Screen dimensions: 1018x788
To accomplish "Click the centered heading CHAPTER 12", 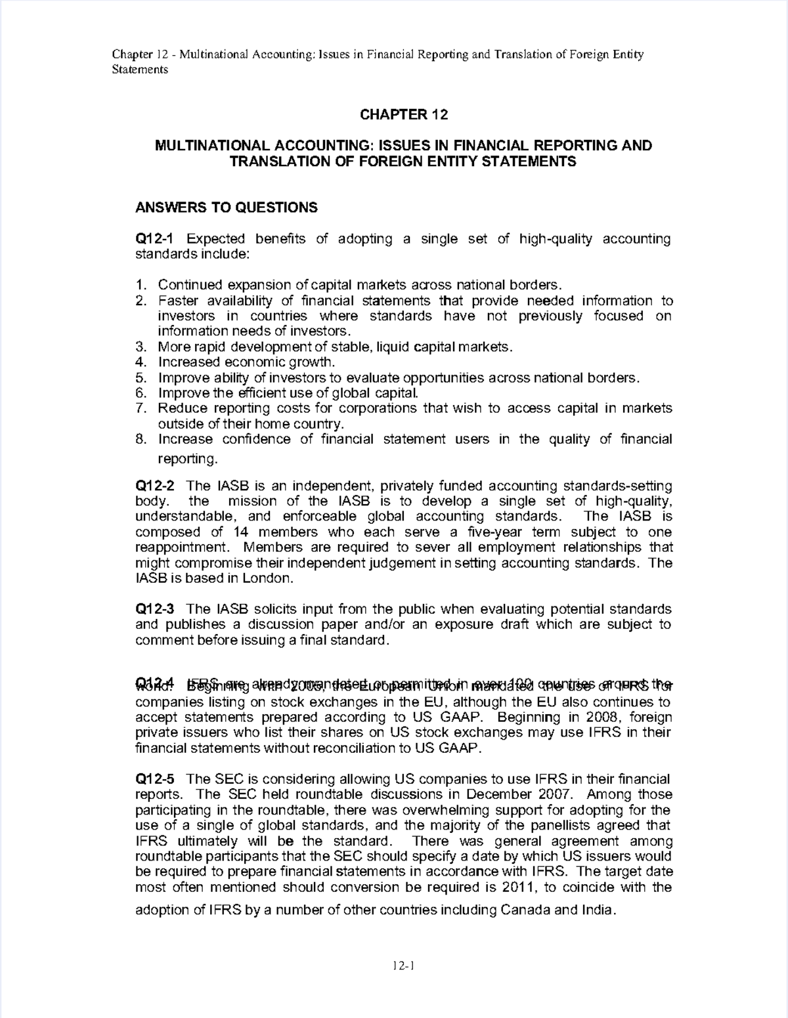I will tap(403, 115).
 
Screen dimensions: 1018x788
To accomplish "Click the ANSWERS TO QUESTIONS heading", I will tap(226, 208).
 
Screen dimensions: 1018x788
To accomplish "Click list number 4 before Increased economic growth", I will tap(139, 362).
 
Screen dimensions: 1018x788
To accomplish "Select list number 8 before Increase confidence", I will tap(139, 439).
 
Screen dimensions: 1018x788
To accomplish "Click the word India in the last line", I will tap(598, 910).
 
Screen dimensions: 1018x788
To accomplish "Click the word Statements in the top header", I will tap(140, 70).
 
